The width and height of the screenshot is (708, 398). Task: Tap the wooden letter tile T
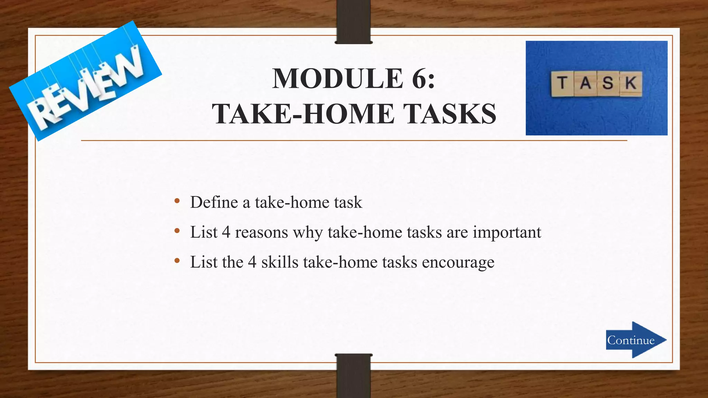[562, 84]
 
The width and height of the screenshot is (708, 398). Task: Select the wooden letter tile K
[631, 83]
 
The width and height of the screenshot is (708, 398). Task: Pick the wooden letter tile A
[585, 83]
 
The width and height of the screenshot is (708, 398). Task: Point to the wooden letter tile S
[608, 83]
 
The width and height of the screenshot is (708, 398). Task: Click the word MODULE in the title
[337, 79]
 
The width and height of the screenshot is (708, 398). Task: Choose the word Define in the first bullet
[214, 202]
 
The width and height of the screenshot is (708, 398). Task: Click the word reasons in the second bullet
[261, 233]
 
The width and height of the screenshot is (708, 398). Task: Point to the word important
[507, 233]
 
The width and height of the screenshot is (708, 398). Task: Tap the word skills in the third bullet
[280, 262]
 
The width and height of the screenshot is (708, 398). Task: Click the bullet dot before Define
[177, 201]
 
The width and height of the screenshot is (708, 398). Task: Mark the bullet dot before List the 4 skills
[177, 261]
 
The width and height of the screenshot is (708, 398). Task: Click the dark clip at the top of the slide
[353, 21]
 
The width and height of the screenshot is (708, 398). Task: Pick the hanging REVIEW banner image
[85, 80]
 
